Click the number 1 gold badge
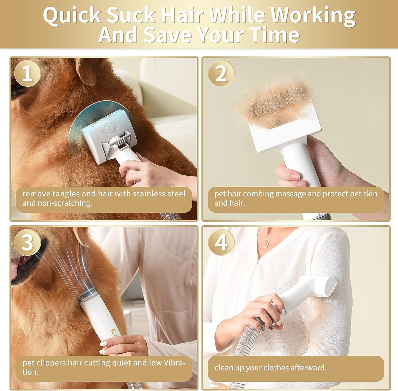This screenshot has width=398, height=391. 27,73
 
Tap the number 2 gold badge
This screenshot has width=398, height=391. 221,73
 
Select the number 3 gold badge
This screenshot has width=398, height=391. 27,242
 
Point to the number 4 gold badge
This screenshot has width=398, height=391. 221,242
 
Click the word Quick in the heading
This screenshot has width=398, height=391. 72,15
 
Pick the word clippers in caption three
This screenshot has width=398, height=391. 53,362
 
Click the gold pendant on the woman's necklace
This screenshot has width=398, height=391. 265,244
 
